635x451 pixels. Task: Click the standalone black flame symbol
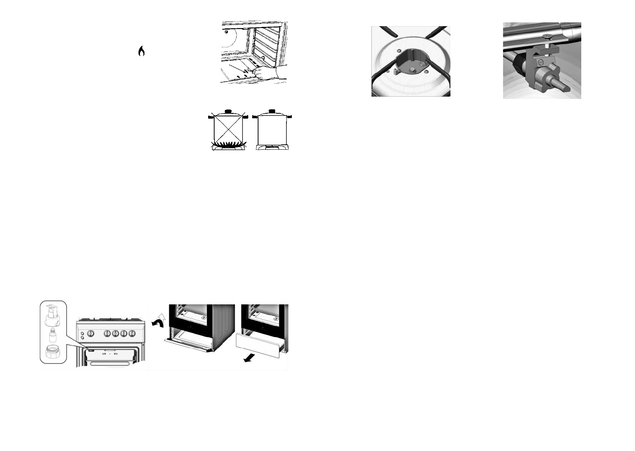141,51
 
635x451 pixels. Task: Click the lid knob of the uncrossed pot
272,111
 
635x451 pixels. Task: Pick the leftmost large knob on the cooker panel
90,334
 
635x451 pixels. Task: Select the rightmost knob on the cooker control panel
132,334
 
